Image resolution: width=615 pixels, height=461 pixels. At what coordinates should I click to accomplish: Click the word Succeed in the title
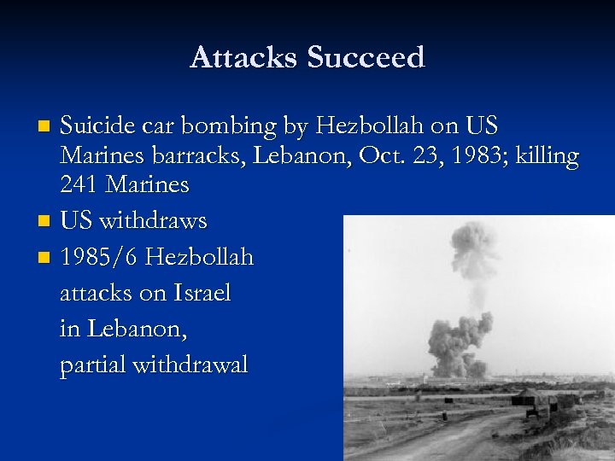(366, 58)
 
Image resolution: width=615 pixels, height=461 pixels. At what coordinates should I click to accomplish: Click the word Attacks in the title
(244, 58)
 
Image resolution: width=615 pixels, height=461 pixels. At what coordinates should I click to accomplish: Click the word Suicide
(96, 127)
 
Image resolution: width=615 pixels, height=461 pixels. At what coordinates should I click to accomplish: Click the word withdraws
(153, 221)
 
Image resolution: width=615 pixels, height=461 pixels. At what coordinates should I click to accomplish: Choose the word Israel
(202, 293)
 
